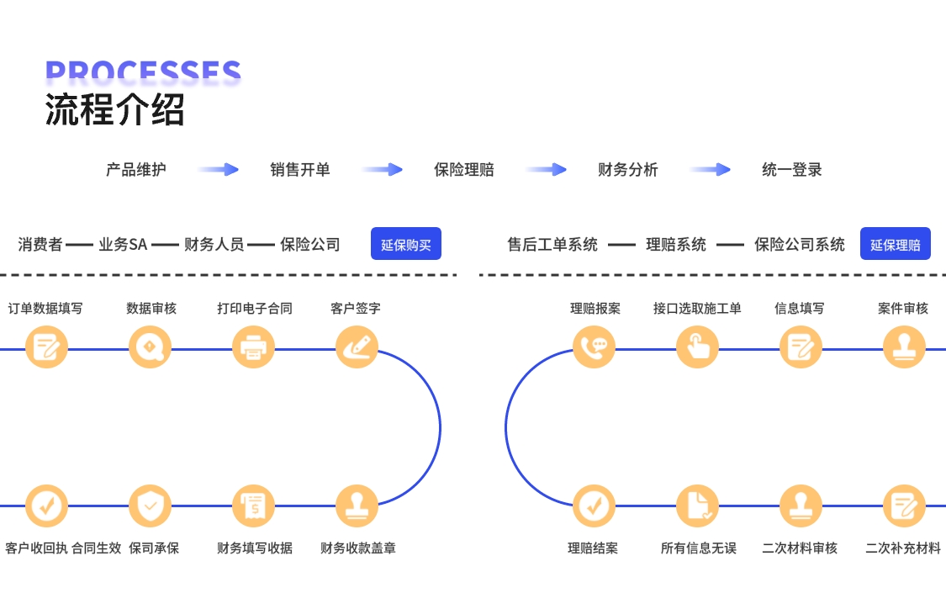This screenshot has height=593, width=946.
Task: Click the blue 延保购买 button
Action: tap(405, 244)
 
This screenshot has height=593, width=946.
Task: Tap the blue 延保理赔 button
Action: tap(895, 244)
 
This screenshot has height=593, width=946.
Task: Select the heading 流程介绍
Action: tap(114, 110)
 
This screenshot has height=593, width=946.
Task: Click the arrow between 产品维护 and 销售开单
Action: tap(219, 170)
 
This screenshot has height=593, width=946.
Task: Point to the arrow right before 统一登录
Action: tap(711, 170)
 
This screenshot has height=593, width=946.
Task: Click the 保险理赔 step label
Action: tap(464, 170)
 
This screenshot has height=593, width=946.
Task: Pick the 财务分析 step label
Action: tap(627, 170)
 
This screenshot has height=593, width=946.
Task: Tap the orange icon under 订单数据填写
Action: tap(46, 347)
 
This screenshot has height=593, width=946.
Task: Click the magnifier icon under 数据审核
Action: tap(150, 347)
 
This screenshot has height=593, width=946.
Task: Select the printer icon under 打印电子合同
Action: tap(253, 347)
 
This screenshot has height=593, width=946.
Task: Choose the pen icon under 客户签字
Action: tap(357, 347)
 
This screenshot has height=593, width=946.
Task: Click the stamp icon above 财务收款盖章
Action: tap(357, 506)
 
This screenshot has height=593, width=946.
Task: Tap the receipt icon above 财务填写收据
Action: tap(253, 506)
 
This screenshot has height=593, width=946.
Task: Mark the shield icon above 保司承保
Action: tap(150, 506)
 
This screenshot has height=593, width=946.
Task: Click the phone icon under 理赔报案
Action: tap(594, 347)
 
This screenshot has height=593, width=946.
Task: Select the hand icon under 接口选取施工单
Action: tap(697, 347)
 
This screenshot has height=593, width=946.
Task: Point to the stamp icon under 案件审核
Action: tap(904, 347)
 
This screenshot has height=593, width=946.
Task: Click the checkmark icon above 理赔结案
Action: tap(594, 506)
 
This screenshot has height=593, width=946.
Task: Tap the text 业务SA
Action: tap(123, 245)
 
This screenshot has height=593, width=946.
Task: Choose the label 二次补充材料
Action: tap(903, 548)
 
